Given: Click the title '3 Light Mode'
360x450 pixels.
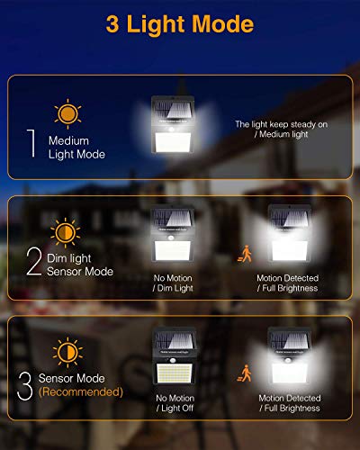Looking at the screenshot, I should coord(179,25).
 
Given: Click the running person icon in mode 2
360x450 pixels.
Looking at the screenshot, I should coord(243,255).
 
